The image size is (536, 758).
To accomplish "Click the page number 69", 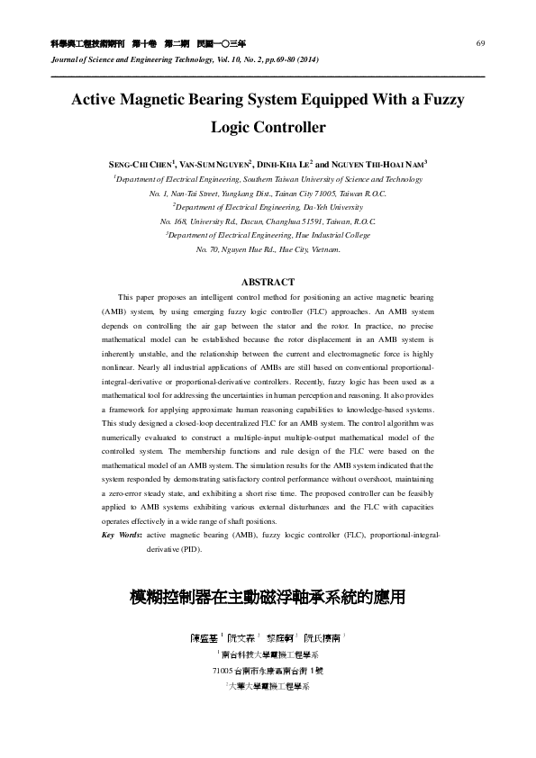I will (481, 43).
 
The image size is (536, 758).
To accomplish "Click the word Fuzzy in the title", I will (436, 99).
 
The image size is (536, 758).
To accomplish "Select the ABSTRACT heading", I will (268, 282).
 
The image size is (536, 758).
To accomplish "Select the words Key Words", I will (122, 535).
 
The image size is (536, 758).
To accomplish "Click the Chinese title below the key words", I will (268, 596).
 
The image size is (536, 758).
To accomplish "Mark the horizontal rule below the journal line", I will (268, 76).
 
